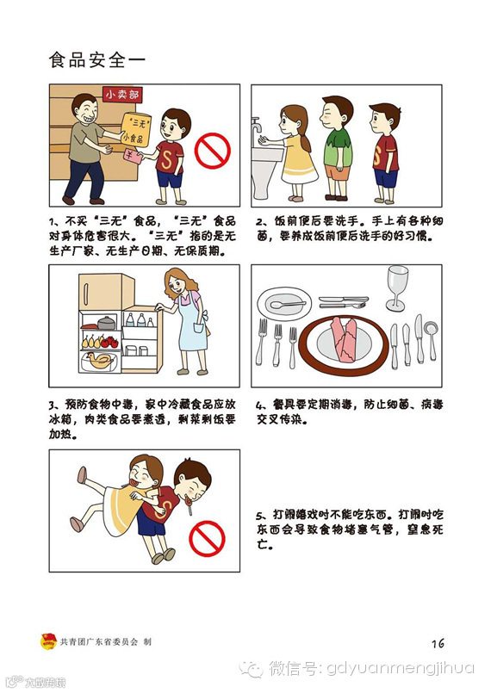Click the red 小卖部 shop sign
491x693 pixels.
click(122, 94)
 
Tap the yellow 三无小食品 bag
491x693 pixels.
click(135, 130)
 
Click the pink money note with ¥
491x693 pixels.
click(133, 156)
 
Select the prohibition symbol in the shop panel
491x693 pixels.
click(213, 151)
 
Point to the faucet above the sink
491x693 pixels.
click(257, 126)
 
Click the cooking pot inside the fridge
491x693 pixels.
click(106, 323)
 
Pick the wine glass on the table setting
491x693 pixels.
click(397, 288)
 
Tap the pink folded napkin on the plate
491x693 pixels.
click(345, 339)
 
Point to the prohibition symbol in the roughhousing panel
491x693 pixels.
click(207, 539)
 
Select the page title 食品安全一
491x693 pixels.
click(96, 60)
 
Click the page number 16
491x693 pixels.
click(438, 643)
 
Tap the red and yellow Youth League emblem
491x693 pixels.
click(48, 641)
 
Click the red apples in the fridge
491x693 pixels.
click(109, 342)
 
